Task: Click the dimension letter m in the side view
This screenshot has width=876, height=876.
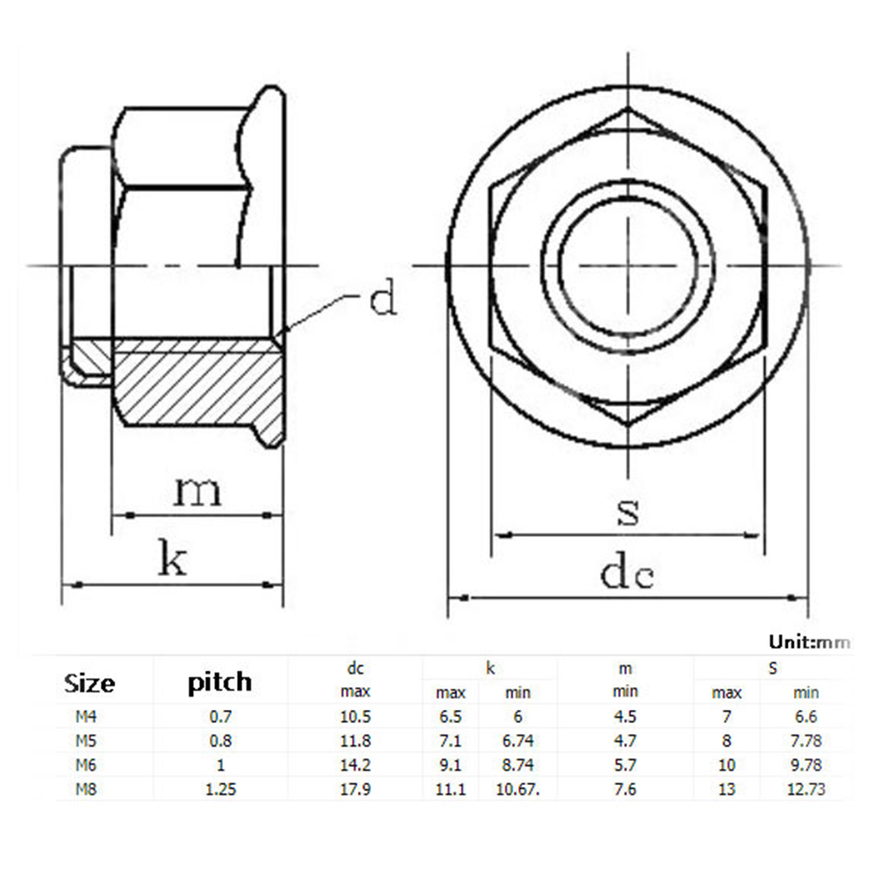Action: (198, 491)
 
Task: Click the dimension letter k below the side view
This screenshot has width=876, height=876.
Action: (172, 558)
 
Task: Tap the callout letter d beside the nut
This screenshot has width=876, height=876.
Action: (383, 297)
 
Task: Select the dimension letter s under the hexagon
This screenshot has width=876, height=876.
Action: (628, 511)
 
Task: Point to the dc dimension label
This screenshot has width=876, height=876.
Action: (627, 571)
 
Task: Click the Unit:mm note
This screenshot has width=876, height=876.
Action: (810, 642)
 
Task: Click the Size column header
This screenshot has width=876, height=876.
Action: (89, 684)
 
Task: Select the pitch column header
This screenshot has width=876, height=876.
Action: (219, 683)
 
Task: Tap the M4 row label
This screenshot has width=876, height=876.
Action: (86, 716)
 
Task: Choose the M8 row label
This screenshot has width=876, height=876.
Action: (86, 789)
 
